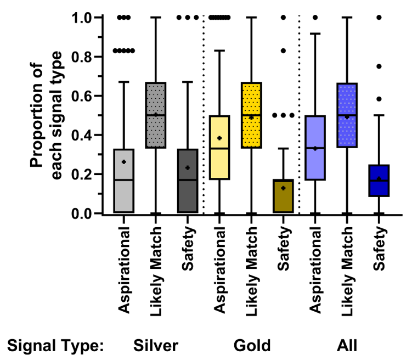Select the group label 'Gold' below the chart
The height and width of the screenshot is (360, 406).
tap(252, 346)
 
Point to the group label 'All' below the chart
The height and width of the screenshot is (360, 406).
tap(347, 346)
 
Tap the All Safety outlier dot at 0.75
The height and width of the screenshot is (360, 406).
tap(379, 66)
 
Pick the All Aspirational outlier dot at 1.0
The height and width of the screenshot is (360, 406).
tap(315, 18)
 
